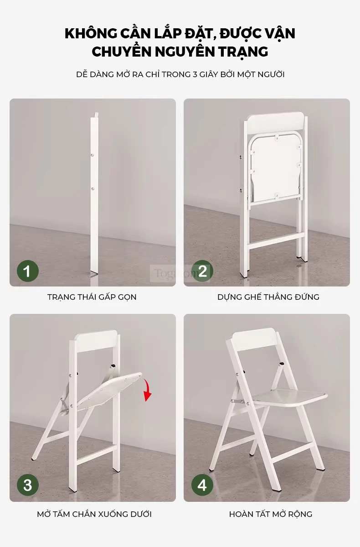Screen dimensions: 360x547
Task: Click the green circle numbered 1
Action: (27, 271)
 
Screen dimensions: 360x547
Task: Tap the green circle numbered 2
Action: (202, 271)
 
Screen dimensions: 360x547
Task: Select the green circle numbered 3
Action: (27, 485)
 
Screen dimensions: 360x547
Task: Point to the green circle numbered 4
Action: (202, 485)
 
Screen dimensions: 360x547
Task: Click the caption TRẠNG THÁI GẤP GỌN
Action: (92, 297)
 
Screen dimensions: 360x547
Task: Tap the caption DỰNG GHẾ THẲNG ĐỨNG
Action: (268, 297)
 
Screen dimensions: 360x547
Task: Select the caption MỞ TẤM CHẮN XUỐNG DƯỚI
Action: (94, 514)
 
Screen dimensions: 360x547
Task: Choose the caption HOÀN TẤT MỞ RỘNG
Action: (270, 514)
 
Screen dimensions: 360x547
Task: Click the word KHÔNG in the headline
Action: (91, 33)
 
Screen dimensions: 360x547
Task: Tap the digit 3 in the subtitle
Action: (195, 74)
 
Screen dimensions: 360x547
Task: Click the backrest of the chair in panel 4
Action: (255, 337)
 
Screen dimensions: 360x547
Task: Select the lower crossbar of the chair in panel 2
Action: (274, 241)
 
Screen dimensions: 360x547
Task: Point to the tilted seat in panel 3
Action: (110, 390)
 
